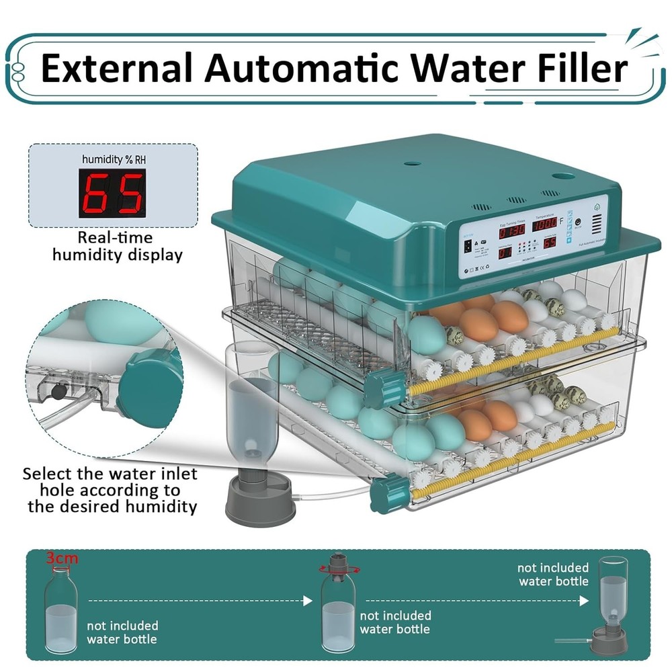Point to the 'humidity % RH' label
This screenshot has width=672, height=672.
tap(113, 159)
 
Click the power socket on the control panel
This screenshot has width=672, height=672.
tap(468, 246)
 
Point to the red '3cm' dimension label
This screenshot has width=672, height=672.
tap(61, 558)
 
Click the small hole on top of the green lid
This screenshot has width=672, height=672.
tap(413, 163)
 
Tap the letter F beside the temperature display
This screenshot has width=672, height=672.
tap(562, 222)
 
